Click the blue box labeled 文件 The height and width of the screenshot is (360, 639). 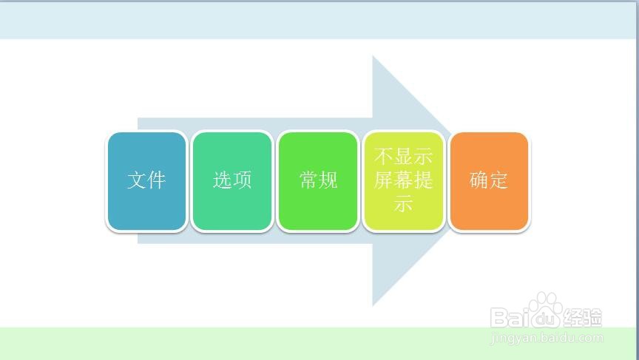click(x=146, y=181)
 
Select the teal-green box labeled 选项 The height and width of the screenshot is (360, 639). click(x=232, y=181)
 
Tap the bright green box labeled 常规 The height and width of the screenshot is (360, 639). click(x=318, y=181)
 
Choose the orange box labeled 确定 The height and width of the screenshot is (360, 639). click(x=489, y=181)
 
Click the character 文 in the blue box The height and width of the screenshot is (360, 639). click(x=137, y=180)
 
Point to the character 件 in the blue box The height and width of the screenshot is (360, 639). click(x=157, y=180)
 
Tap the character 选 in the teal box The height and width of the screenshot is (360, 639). click(x=223, y=180)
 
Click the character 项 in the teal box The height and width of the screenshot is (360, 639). click(x=242, y=180)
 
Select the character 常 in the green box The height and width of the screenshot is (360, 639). click(x=308, y=180)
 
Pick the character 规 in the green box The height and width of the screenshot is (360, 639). click(x=328, y=180)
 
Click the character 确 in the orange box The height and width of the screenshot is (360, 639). click(x=479, y=180)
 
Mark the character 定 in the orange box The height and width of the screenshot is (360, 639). click(x=498, y=180)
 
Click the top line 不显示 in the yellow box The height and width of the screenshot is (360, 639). click(x=404, y=157)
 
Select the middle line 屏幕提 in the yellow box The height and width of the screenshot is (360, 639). click(x=404, y=180)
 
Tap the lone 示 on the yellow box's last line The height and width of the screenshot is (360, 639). click(x=404, y=203)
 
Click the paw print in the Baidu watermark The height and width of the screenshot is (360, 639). click(x=545, y=310)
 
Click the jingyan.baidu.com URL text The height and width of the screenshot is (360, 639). click(x=547, y=338)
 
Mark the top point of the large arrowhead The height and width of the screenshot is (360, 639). click(x=373, y=55)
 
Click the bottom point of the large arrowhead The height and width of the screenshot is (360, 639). click(x=373, y=306)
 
